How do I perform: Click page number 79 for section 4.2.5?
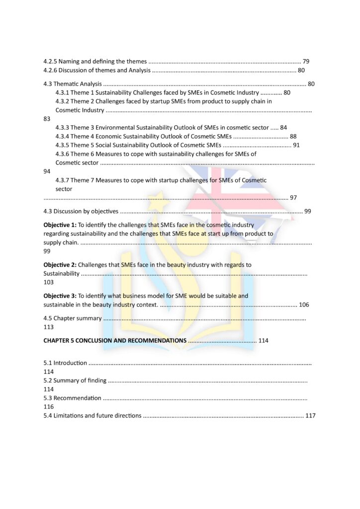(306, 62)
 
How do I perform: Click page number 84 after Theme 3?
(283, 128)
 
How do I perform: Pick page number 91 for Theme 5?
(296, 145)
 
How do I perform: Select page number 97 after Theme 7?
(293, 198)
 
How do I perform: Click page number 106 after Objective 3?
(304, 305)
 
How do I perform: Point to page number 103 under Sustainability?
(49, 282)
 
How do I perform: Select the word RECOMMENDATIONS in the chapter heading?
(157, 340)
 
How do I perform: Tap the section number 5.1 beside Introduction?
(48, 363)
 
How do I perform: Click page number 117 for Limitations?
(310, 416)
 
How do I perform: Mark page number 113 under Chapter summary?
(49, 327)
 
